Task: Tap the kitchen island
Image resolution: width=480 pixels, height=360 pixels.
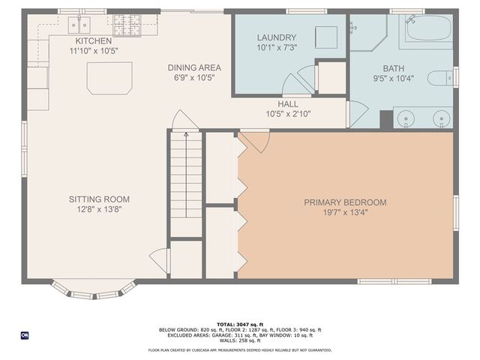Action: tap(109, 78)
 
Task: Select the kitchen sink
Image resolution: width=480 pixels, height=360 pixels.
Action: tap(79, 25)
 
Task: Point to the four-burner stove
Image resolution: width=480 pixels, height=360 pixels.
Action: tap(128, 25)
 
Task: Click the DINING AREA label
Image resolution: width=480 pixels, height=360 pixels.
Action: tap(193, 67)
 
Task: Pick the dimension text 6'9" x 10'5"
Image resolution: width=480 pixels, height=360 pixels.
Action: tap(193, 77)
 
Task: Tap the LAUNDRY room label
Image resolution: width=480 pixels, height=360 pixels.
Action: tap(277, 37)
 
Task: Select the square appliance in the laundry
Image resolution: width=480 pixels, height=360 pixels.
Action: tap(325, 37)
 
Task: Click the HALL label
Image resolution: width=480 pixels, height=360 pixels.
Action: tap(287, 104)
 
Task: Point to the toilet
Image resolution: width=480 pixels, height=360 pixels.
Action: tap(440, 77)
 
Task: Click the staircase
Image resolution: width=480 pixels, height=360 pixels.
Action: tap(185, 184)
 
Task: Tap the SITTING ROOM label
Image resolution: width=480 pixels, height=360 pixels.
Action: tap(99, 199)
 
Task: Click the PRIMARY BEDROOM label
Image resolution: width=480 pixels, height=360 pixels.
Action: tap(345, 202)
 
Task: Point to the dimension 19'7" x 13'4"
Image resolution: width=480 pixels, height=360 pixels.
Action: tap(345, 212)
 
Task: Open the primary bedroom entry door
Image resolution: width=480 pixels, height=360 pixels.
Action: tap(254, 140)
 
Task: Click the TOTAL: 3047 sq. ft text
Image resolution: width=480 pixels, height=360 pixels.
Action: tap(240, 323)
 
